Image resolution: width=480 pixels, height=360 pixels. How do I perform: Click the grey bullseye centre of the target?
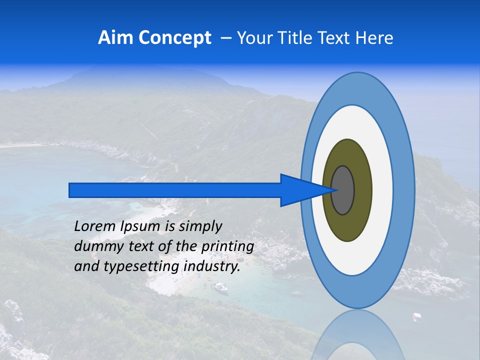(x=343, y=190)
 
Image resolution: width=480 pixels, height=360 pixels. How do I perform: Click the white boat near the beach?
(x=219, y=287)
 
